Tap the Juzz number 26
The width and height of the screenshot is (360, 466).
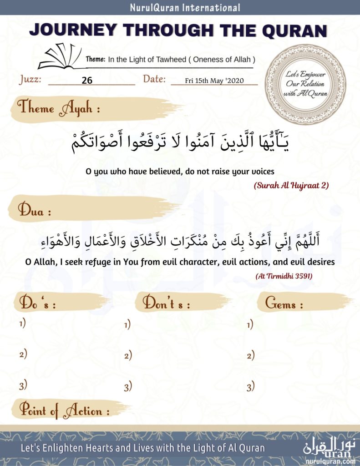click(x=87, y=81)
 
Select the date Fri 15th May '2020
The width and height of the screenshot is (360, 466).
click(x=214, y=81)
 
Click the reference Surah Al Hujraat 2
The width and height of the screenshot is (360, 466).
click(x=292, y=186)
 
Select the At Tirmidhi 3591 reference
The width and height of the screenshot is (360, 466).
click(x=281, y=276)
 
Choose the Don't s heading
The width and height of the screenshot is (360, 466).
click(x=167, y=304)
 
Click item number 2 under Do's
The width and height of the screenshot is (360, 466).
click(x=23, y=354)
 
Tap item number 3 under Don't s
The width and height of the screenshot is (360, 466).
click(x=128, y=387)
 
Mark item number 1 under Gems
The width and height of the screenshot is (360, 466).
click(x=250, y=324)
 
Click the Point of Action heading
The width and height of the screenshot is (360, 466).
click(x=64, y=411)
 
